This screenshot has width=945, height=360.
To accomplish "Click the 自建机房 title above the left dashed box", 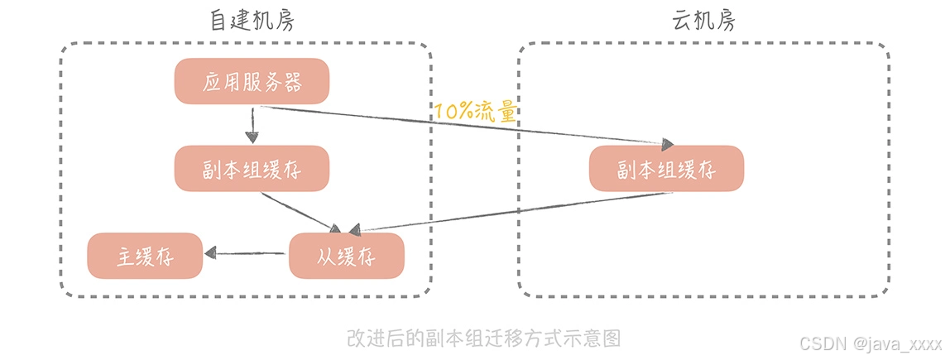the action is tap(252, 21).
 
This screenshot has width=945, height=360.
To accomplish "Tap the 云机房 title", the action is tap(703, 21).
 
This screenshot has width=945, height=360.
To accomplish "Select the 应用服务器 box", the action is tap(252, 82).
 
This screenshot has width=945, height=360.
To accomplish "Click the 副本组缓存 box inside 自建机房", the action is tap(252, 170).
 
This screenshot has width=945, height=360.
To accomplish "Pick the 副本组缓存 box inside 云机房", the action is tap(666, 169).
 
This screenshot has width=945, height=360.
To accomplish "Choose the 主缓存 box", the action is tap(145, 256).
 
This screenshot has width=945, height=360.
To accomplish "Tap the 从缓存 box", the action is tap(346, 256).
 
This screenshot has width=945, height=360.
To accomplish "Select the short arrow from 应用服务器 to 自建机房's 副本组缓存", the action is tap(254, 126).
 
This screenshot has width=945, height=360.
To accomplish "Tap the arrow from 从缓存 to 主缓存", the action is tap(248, 253).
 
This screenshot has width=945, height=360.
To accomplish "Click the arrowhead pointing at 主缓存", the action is tap(210, 253).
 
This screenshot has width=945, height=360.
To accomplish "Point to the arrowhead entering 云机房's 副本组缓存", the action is tap(664, 142).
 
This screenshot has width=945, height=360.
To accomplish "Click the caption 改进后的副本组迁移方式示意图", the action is tap(483, 338).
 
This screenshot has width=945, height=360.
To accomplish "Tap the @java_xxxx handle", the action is tap(898, 343).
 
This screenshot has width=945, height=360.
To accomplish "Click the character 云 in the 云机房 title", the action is tap(682, 21).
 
